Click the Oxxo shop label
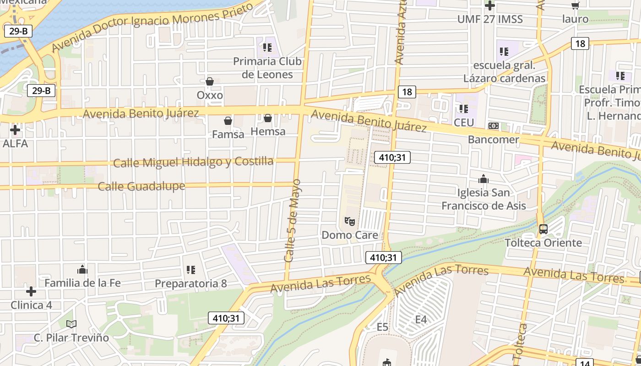click(210, 95)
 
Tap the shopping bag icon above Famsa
click(228, 121)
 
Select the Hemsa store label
click(268, 131)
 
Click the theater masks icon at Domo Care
click(350, 222)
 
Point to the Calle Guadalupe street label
click(141, 186)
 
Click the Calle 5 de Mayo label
click(293, 221)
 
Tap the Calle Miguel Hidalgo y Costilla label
click(193, 162)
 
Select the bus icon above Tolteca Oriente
click(543, 229)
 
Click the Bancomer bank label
click(494, 139)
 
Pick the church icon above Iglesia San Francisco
click(483, 179)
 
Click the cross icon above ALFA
click(15, 130)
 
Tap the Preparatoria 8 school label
click(190, 284)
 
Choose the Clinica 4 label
click(31, 305)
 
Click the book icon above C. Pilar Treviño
click(71, 324)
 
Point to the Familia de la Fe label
click(82, 283)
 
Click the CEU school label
click(464, 123)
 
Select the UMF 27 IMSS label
click(490, 19)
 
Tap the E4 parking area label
click(421, 319)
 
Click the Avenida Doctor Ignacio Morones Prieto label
click(152, 26)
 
